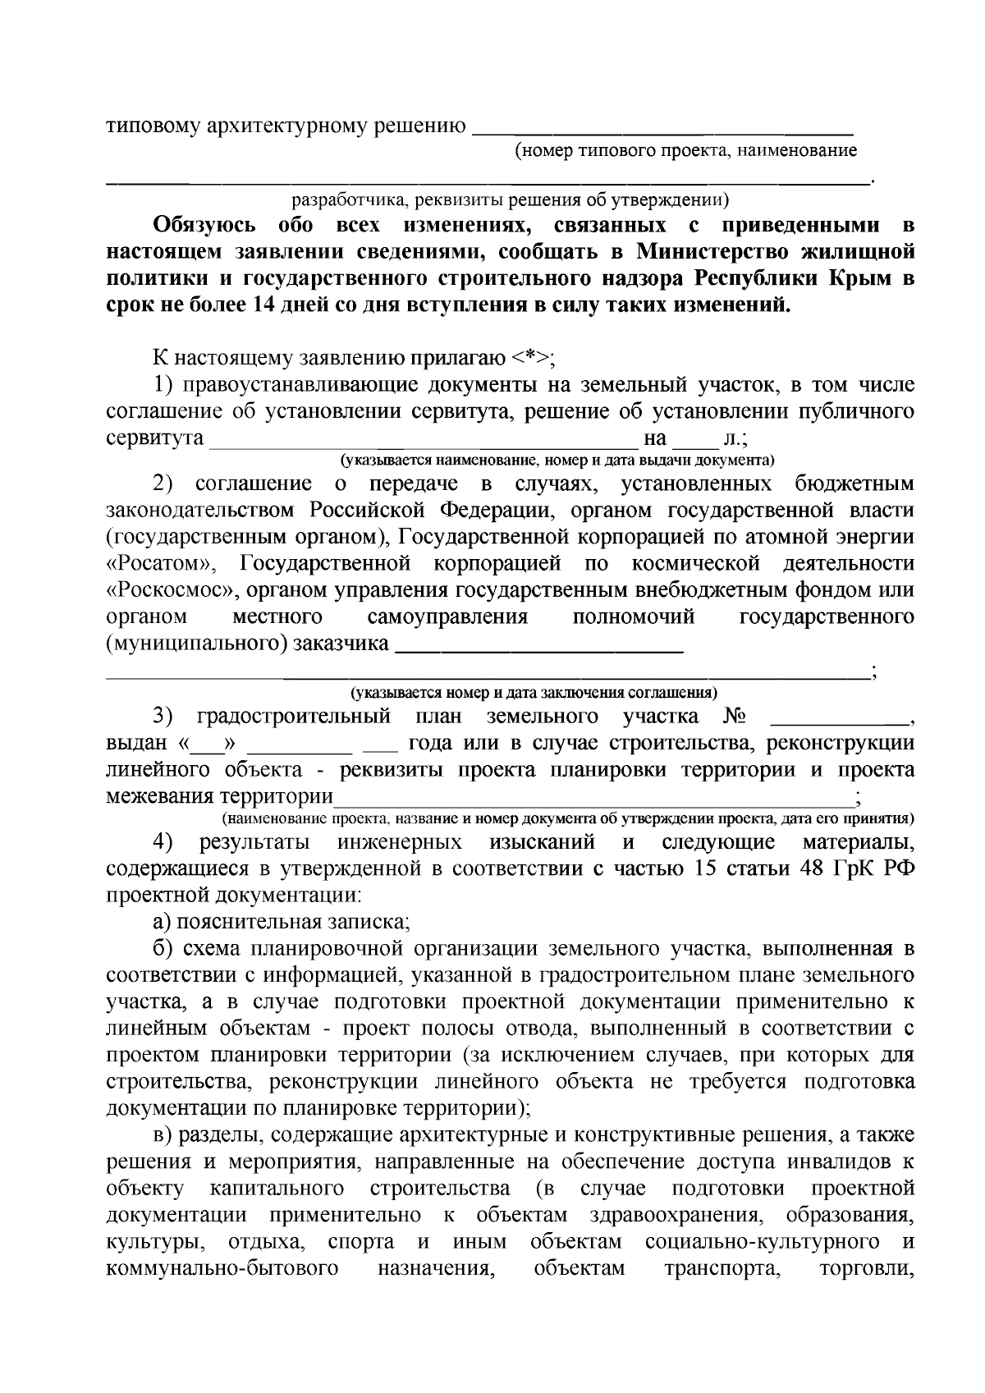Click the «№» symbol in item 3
point(734,717)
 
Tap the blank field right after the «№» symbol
point(840,720)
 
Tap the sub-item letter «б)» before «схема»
point(162,949)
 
